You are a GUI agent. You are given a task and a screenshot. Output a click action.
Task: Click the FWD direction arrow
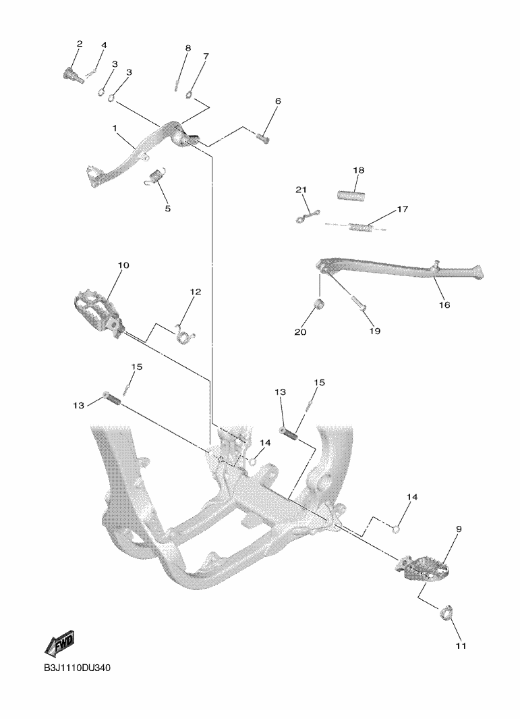pyautogui.click(x=59, y=643)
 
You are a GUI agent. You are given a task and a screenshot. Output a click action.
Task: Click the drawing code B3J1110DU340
pyautogui.click(x=77, y=668)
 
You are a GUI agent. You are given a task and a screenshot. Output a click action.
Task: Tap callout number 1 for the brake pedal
pyautogui.click(x=115, y=128)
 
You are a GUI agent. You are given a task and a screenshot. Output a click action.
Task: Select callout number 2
pyautogui.click(x=80, y=44)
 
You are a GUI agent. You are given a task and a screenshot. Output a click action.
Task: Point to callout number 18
pyautogui.click(x=358, y=171)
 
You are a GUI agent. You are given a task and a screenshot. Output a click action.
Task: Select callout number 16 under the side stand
pyautogui.click(x=444, y=304)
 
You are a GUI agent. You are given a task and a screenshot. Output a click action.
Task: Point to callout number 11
pyautogui.click(x=461, y=646)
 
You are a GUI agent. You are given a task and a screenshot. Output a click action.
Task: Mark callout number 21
pyautogui.click(x=301, y=190)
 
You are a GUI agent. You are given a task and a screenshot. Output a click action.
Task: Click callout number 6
pyautogui.click(x=277, y=101)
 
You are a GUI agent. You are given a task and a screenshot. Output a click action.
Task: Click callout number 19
pyautogui.click(x=375, y=331)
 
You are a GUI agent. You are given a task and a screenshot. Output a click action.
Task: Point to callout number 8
pyautogui.click(x=187, y=49)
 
